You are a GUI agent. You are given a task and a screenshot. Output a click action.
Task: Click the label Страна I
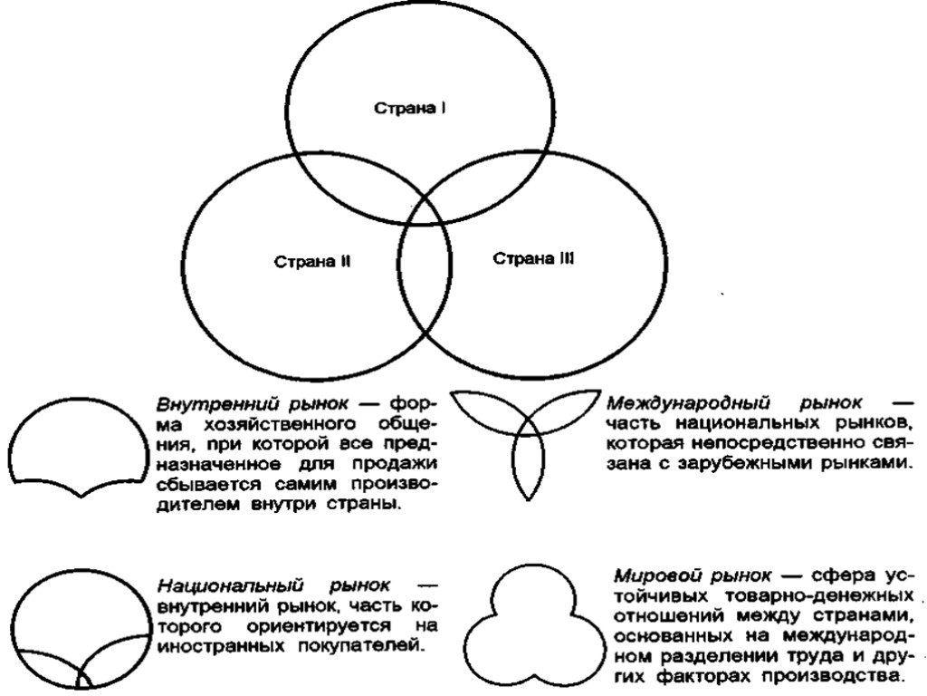(410, 107)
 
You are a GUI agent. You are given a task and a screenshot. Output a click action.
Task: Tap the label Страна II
(312, 263)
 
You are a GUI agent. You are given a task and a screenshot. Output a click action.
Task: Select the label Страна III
(533, 258)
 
